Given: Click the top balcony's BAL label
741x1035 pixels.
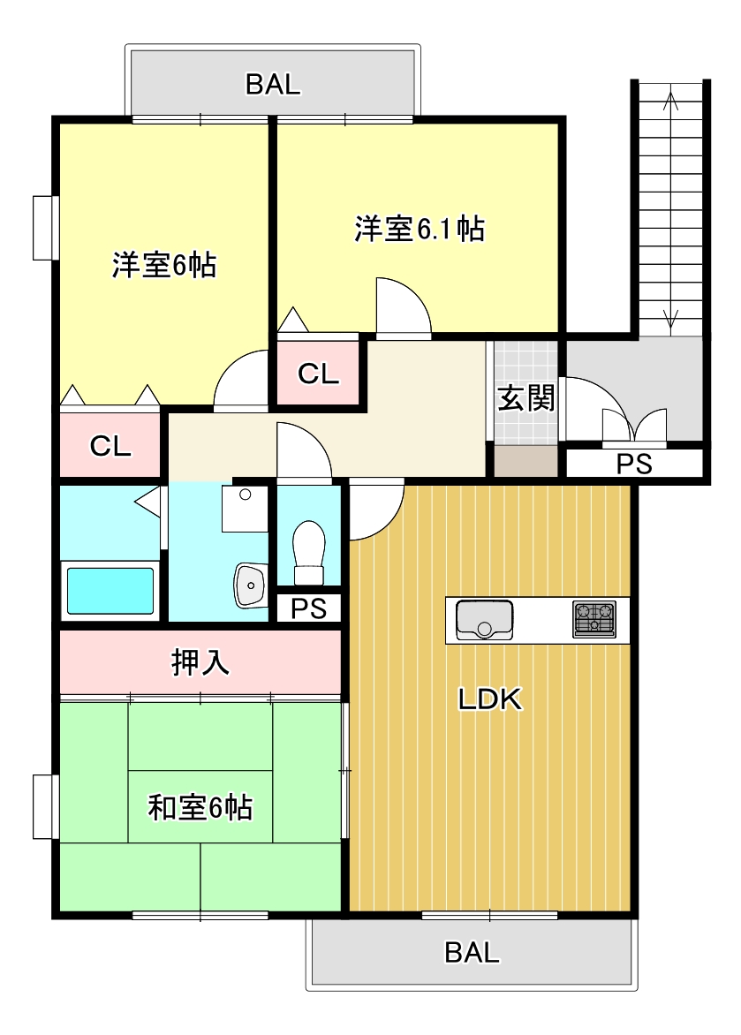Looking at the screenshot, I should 273,85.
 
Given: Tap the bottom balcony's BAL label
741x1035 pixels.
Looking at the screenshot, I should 472,953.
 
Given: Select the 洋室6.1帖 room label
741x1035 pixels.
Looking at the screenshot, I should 419,230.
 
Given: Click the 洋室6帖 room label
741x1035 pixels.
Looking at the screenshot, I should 164,266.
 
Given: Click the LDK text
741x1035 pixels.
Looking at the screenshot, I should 491,699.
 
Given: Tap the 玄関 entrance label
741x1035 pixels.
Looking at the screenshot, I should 526,399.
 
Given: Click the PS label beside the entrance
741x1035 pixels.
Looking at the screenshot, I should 633,465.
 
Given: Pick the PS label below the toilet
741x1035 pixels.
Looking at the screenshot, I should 308,608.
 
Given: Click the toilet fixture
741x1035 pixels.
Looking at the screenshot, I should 308,552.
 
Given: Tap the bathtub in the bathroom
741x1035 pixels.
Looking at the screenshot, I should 110,591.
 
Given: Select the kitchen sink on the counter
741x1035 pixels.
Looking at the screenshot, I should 484,619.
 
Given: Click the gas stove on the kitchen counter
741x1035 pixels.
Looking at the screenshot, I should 594,619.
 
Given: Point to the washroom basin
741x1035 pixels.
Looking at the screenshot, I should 250,585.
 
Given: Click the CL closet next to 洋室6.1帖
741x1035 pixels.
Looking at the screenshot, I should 318,374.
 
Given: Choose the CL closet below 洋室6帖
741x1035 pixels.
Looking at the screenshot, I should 110,447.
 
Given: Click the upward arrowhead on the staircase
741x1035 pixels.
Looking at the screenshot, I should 669,100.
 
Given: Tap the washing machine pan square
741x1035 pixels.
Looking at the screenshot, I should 244,509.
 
